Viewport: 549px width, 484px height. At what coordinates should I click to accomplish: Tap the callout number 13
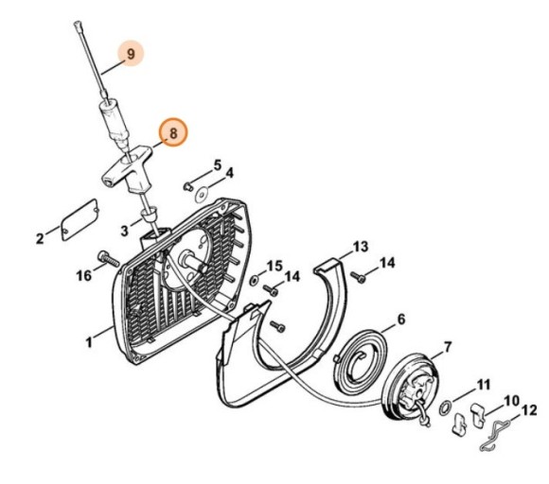(359, 247)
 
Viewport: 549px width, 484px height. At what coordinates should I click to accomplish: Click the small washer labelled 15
(257, 281)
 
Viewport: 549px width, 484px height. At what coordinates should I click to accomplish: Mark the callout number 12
(528, 411)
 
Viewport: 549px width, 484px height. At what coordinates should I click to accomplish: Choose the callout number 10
(510, 400)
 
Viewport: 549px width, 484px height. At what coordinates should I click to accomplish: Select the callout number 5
(217, 165)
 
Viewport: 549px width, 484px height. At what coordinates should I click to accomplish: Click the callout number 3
(125, 230)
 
